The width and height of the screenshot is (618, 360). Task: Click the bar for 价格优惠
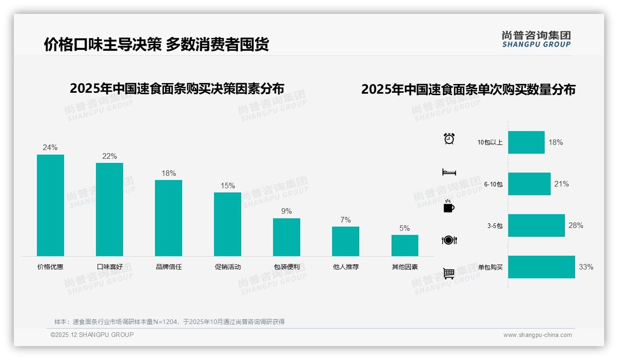point(50,205)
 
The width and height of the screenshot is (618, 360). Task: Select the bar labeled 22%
point(109,210)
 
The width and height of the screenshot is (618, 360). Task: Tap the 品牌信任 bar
point(168,218)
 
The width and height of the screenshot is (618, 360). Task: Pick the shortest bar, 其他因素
point(405,246)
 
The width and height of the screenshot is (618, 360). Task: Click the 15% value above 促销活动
point(227,186)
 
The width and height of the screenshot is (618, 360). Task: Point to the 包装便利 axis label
point(286,267)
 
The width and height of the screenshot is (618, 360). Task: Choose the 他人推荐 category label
point(345,267)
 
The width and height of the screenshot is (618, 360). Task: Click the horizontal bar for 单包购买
point(541,267)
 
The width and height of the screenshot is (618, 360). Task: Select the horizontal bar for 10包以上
point(526,142)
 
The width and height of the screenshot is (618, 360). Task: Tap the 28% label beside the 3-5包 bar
point(576,225)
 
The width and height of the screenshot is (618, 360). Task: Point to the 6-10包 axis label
point(493,184)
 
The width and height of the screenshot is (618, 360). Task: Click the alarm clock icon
point(449,138)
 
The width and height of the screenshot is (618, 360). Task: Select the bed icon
point(449,172)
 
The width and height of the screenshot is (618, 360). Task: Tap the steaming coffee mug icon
point(448,206)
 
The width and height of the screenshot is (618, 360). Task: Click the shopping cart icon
point(449,273)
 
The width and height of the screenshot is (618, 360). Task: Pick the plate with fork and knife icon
point(449,240)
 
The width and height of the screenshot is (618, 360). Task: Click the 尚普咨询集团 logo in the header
point(536,39)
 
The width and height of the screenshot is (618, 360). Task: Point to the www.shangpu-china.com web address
point(537,335)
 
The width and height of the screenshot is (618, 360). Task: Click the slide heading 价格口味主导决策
point(102,44)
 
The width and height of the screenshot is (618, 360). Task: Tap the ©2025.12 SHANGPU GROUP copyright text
point(92,335)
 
